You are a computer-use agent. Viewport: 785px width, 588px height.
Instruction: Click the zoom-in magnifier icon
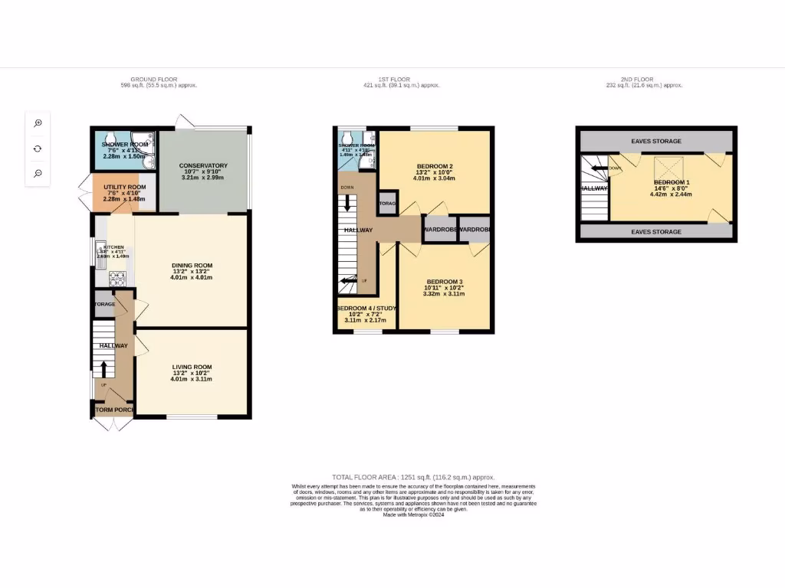tap(38, 123)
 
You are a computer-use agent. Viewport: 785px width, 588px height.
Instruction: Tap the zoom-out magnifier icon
tap(38, 174)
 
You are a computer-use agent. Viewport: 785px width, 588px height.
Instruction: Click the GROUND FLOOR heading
tap(153, 80)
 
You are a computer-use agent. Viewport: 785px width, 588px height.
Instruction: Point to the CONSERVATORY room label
tap(203, 166)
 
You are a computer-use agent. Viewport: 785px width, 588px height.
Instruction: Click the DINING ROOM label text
tap(192, 266)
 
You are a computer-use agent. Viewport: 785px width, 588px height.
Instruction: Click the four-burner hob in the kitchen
tap(119, 278)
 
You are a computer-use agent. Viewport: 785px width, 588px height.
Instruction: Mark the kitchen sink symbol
tap(100, 250)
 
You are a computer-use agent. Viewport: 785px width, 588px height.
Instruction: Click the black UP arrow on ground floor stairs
tap(103, 367)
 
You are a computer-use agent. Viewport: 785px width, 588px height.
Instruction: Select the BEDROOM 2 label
tap(435, 167)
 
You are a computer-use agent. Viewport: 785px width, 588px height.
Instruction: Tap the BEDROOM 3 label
tap(445, 282)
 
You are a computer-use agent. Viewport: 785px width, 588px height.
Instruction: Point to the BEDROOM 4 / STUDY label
tap(366, 309)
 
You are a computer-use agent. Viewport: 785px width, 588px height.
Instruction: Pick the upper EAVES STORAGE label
tap(655, 142)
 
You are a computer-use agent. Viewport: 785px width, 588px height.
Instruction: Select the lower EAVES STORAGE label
tap(655, 232)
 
